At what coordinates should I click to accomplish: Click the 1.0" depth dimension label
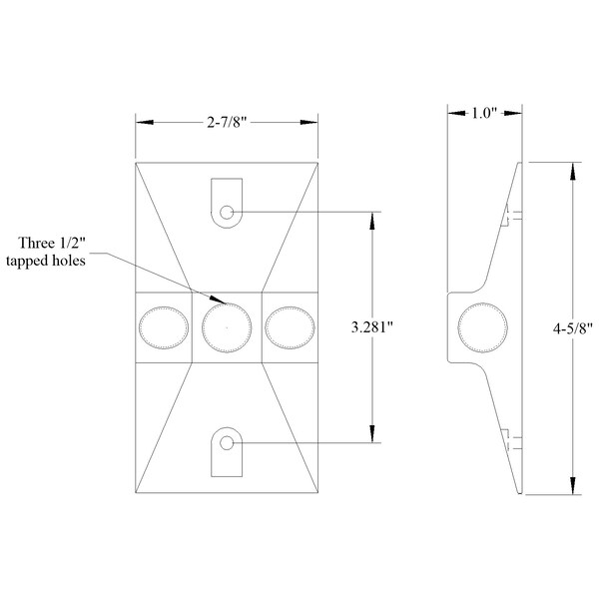[483, 114]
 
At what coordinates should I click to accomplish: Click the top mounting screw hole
[228, 212]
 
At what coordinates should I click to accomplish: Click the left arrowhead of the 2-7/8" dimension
[142, 123]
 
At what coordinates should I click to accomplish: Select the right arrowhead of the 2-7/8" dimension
[313, 123]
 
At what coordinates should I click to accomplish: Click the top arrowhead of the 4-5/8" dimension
[572, 168]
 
